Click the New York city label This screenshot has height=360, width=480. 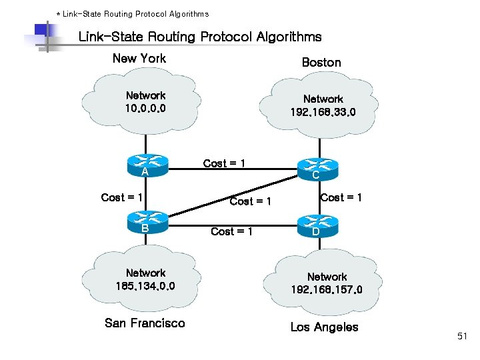coord(139,59)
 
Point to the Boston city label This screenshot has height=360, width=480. coord(321,63)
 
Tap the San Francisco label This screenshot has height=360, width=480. coord(145,323)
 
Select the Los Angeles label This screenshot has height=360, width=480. coord(324,327)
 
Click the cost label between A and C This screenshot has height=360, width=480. coord(224,163)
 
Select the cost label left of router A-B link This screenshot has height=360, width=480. coord(122,197)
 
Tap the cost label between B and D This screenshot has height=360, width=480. coord(231,231)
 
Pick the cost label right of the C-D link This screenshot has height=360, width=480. coord(341,197)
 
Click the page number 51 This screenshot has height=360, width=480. coord(463,337)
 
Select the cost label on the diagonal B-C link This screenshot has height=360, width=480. coord(250,201)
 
